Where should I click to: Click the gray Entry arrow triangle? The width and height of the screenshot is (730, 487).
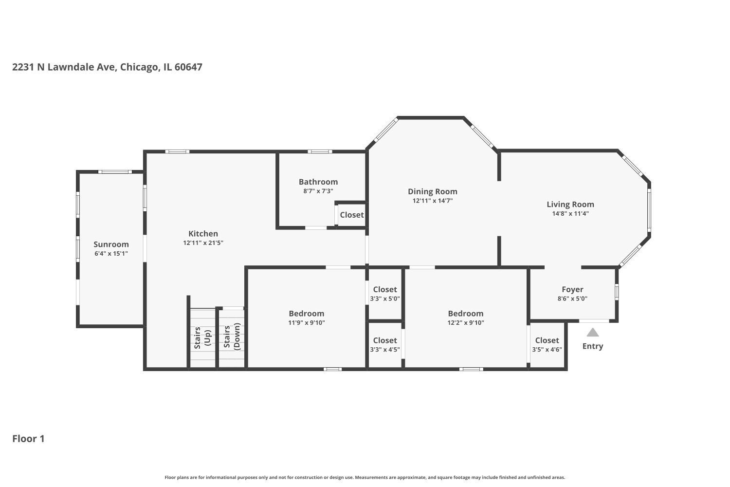tap(592, 333)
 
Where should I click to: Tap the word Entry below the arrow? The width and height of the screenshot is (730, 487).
tap(592, 346)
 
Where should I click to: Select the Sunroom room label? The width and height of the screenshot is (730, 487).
tap(111, 244)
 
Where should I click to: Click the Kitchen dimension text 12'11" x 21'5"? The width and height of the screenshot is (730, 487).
tap(203, 243)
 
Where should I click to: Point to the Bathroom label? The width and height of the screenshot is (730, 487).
tap(318, 182)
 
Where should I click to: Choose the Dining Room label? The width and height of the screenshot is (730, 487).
tap(432, 191)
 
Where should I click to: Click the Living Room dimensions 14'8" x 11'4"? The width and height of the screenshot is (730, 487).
tap(570, 213)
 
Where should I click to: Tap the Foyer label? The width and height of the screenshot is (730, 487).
tap(572, 289)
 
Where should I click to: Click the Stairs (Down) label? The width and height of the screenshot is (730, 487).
tap(232, 337)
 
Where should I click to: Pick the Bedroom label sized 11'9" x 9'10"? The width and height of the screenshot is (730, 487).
tap(306, 314)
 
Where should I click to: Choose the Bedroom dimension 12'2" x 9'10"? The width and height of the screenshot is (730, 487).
tap(466, 322)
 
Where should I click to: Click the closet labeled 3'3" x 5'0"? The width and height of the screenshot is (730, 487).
tap(384, 294)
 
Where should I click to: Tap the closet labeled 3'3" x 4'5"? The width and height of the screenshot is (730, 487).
tap(384, 344)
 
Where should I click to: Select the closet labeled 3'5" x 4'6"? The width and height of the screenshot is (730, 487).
tap(547, 344)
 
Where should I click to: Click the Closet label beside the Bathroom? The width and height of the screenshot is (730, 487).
tap(351, 215)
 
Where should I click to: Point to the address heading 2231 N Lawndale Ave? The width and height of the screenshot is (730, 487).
tap(107, 67)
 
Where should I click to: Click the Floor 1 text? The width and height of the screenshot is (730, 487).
tap(28, 439)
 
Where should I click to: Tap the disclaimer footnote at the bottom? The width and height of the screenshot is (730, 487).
tap(365, 478)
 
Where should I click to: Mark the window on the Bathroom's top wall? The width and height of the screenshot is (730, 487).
tap(320, 151)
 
